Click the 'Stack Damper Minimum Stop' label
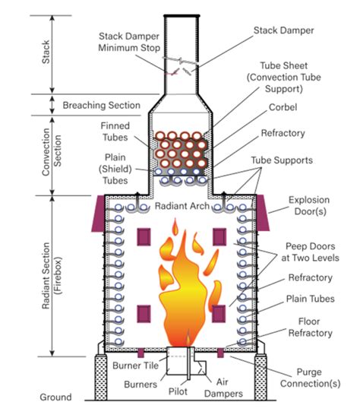click(129, 42)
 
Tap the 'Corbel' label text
click(283, 107)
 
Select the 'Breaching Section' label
click(101, 105)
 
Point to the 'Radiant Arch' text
click(182, 206)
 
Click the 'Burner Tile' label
click(135, 366)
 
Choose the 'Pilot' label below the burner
click(178, 391)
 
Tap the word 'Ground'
click(55, 397)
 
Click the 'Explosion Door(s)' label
click(309, 205)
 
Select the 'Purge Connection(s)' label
click(311, 378)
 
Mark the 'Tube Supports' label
click(282, 160)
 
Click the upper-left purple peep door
click(144, 237)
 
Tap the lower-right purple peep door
click(219, 314)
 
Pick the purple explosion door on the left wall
click(99, 214)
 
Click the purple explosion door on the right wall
click(262, 213)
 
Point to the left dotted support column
click(101, 377)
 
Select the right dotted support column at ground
click(261, 377)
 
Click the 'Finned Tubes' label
click(115, 131)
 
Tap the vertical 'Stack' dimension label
click(46, 52)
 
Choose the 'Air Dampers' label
click(223, 388)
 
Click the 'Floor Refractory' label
click(310, 327)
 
